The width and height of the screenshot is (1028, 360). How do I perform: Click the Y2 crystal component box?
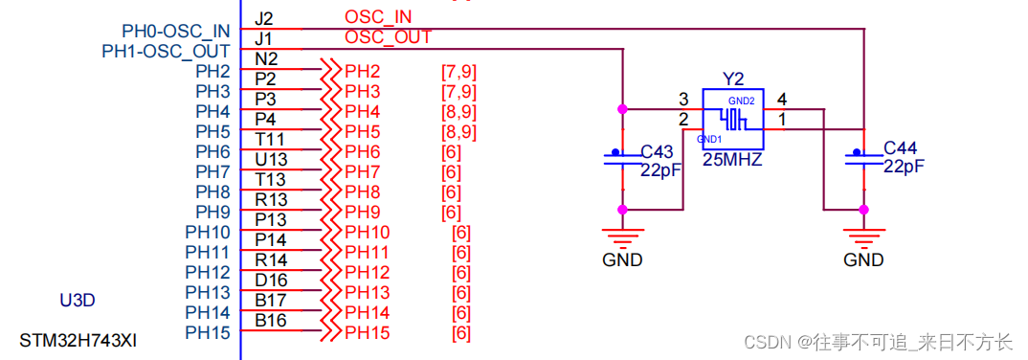point(732,119)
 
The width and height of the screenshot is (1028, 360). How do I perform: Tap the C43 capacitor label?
point(658,151)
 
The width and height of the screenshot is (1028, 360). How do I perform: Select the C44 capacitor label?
point(902,147)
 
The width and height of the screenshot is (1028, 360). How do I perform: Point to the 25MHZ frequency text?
point(732,161)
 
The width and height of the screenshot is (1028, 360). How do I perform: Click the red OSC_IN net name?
point(379,17)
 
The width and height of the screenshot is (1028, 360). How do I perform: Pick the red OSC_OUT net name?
point(388,37)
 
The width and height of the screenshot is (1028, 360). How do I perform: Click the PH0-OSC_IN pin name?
point(176,32)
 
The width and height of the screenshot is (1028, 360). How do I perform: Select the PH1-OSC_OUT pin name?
point(166,51)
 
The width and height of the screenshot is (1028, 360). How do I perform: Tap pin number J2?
point(264,19)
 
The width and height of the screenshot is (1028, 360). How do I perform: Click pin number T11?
point(270,140)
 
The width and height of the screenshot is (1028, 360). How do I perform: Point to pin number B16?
point(271,321)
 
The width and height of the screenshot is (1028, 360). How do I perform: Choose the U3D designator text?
point(78,301)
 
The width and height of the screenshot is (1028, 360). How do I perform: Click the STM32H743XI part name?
point(78,339)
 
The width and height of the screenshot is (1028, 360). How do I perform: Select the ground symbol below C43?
point(623,235)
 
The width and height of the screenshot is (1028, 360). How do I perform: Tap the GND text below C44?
point(863,260)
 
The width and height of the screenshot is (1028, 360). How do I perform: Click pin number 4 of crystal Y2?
point(782,99)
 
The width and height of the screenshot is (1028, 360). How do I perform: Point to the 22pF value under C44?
point(904,167)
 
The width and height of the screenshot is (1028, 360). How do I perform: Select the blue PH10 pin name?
point(208,233)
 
